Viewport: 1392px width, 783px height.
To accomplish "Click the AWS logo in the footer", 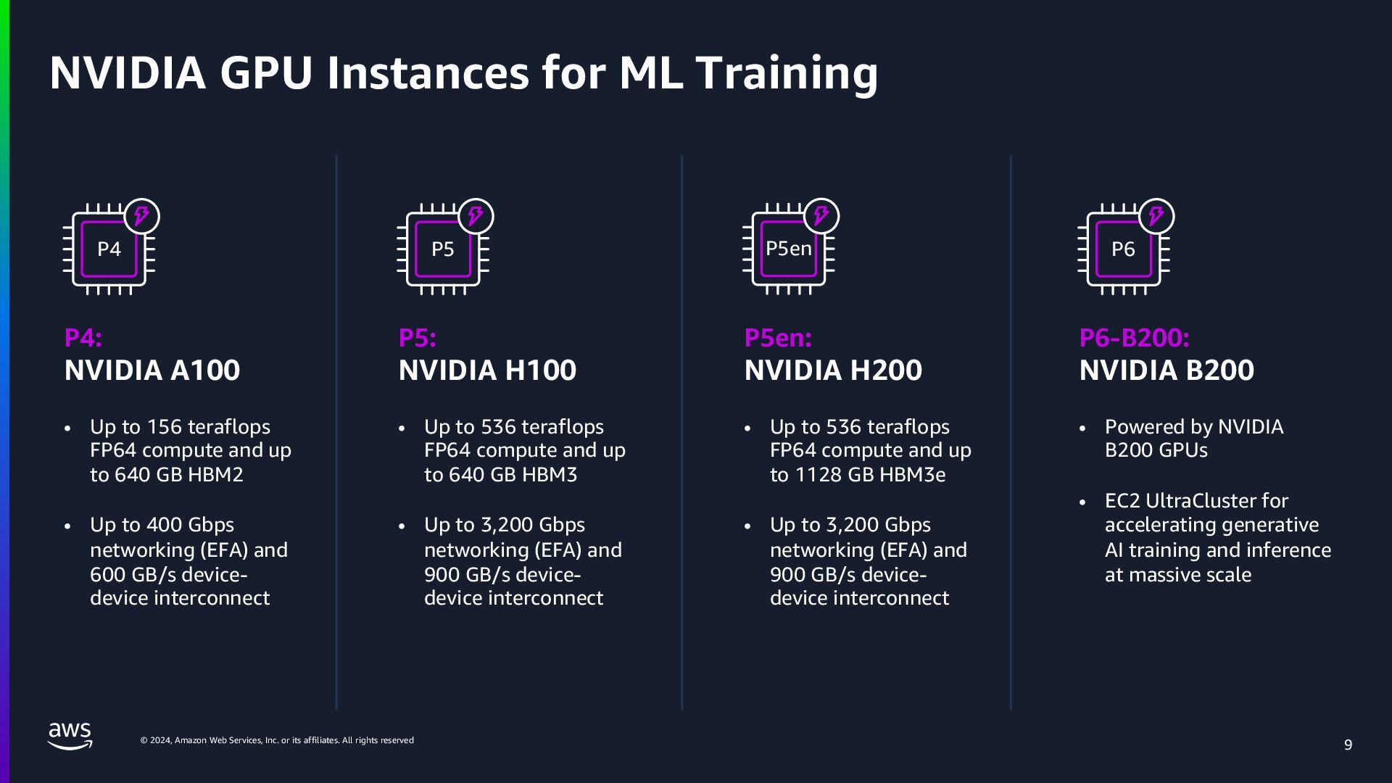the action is (x=70, y=736).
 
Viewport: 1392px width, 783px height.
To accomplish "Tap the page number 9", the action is (x=1348, y=745).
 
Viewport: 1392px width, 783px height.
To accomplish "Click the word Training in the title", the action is (x=786, y=73).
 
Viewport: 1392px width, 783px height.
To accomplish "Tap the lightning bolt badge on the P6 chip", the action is (x=1156, y=216).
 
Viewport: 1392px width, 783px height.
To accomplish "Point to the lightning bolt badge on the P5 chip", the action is (x=476, y=216).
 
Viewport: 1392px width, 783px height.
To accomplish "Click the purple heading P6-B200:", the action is (x=1134, y=338).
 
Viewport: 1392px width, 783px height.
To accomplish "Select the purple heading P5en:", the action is (x=778, y=338).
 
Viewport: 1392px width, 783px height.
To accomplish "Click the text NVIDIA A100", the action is (x=152, y=370).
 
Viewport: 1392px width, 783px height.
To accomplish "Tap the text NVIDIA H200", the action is (x=833, y=370).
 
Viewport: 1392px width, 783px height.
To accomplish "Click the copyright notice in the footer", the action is (x=277, y=740).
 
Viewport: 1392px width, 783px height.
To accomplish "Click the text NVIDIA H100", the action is (x=487, y=370).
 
